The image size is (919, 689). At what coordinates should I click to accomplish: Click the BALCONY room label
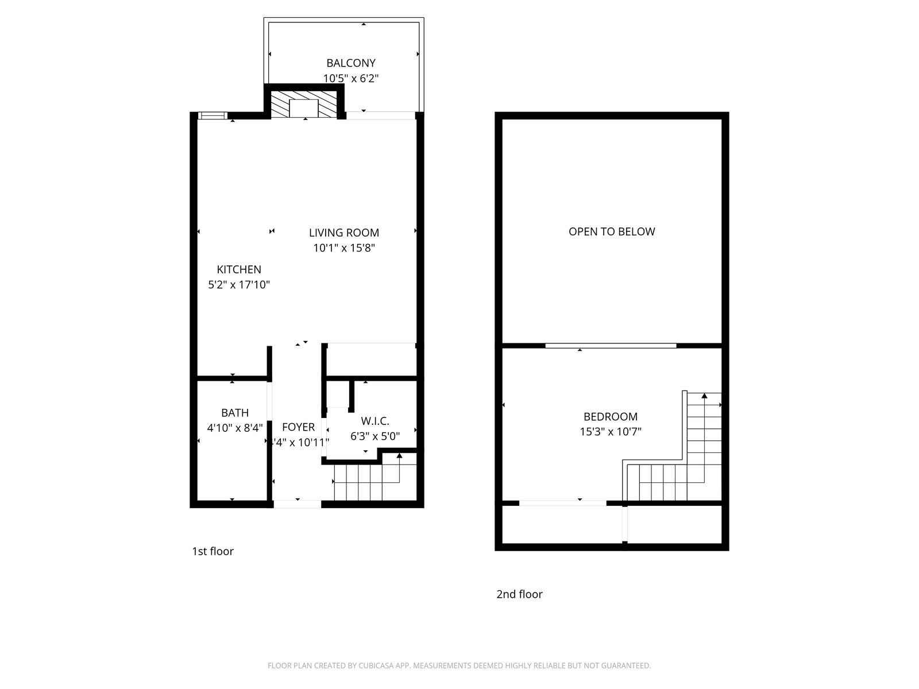351,63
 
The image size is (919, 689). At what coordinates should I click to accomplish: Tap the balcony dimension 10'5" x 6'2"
351,78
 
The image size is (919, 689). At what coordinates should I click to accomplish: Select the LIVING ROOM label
344,233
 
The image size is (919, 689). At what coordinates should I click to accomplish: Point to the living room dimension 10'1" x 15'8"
344,248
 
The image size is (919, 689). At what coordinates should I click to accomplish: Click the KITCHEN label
239,269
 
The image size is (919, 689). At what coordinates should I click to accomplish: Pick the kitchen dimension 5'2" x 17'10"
239,285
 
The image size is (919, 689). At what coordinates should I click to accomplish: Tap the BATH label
235,413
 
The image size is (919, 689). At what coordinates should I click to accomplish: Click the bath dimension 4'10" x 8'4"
235,428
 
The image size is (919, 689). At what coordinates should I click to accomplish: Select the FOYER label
299,427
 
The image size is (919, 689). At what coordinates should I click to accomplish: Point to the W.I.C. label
375,421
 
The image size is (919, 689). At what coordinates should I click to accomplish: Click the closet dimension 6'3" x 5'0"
375,436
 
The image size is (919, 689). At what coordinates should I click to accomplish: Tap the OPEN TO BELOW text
612,232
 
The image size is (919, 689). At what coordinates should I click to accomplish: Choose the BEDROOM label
611,417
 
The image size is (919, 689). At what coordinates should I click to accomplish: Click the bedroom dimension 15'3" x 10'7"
611,432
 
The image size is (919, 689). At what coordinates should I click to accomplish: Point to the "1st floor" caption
213,551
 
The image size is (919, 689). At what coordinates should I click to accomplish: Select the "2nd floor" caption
520,594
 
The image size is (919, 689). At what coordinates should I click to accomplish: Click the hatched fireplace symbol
304,104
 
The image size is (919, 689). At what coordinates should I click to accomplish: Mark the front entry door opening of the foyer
298,504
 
